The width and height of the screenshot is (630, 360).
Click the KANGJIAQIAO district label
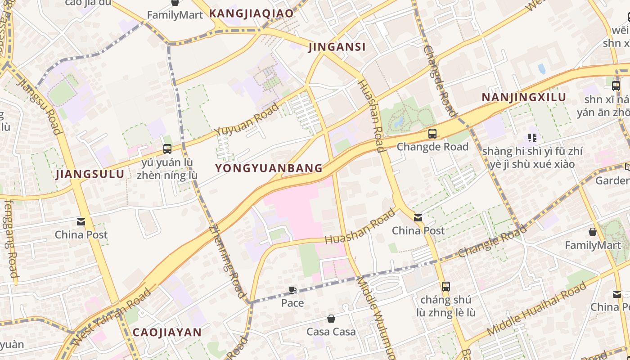click(251, 13)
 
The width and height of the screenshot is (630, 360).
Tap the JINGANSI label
click(337, 47)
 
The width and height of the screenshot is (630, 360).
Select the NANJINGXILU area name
click(524, 98)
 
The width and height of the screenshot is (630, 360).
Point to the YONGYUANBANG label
click(269, 168)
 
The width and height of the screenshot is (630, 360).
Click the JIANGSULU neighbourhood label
click(90, 175)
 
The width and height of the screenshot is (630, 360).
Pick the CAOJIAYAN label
click(167, 333)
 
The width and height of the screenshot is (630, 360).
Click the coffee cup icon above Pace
click(292, 290)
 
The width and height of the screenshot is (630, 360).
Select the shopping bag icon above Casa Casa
click(331, 319)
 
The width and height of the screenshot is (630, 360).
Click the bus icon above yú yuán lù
click(167, 148)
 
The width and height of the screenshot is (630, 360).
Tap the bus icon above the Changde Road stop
click(432, 134)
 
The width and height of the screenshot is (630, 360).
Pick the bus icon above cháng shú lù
click(445, 286)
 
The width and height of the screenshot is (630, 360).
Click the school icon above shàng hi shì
click(532, 138)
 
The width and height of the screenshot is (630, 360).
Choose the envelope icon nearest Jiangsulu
click(81, 221)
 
